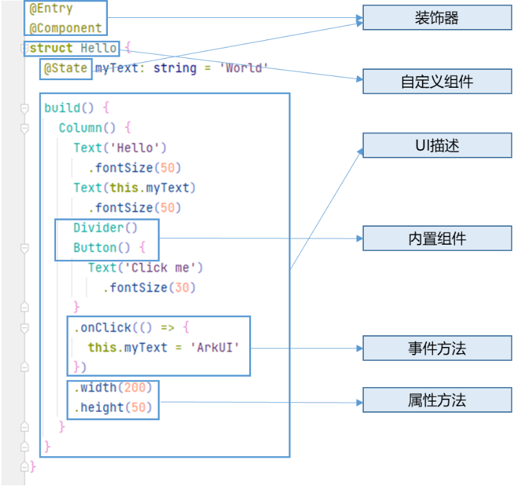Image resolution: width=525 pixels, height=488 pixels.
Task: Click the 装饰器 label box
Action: click(436, 18)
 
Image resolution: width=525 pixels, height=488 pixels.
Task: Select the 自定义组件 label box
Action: click(436, 82)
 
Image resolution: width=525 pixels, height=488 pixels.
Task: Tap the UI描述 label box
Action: click(436, 146)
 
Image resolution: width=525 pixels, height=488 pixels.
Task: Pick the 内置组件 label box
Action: click(436, 238)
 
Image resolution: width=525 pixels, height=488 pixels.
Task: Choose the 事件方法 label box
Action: click(436, 348)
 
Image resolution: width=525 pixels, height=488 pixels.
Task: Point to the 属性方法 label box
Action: click(436, 400)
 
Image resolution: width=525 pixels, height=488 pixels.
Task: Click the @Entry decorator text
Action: click(51, 10)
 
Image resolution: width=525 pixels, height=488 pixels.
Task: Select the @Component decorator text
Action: click(66, 28)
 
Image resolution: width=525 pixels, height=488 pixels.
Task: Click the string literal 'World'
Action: click(243, 68)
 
